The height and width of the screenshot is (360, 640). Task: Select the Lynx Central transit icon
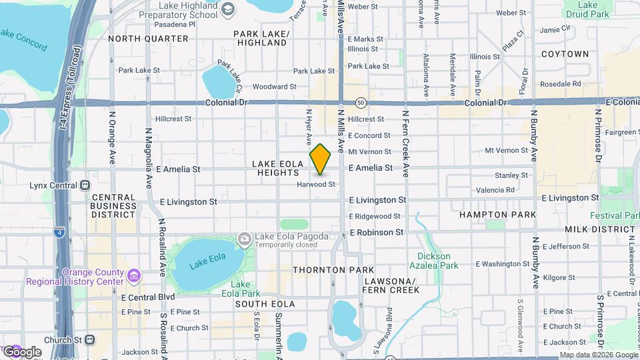(85, 185)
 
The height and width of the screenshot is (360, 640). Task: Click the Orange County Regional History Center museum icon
(134, 275)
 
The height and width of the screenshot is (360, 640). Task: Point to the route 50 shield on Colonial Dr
(361, 103)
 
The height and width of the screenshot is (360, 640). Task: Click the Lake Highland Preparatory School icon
(228, 9)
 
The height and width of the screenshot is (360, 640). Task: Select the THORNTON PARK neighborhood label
(329, 270)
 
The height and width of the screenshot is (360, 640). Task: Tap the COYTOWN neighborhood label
(565, 53)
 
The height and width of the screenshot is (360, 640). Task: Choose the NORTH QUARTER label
(148, 39)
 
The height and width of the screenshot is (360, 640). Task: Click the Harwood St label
(315, 184)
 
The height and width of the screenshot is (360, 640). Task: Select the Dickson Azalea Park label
(438, 261)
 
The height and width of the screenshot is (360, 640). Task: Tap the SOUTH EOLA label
(260, 303)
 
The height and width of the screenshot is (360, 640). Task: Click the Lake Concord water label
(23, 39)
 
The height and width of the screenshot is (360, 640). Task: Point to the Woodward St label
(274, 87)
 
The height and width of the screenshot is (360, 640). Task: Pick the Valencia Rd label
(495, 190)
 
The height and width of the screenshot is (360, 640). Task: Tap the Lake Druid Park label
(587, 9)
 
